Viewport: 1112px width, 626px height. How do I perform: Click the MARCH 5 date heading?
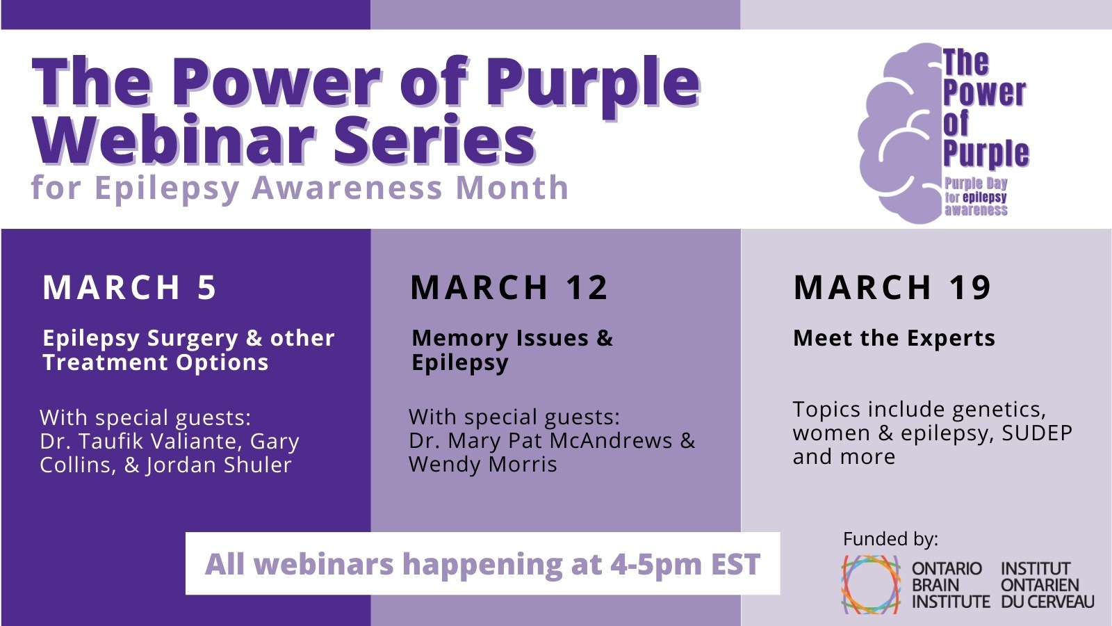(x=129, y=287)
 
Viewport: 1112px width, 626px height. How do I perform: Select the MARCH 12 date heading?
(x=509, y=287)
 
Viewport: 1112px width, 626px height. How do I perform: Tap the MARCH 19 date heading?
(x=892, y=287)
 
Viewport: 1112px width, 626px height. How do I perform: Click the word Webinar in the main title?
(x=174, y=139)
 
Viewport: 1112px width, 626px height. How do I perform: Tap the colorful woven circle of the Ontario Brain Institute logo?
(x=871, y=584)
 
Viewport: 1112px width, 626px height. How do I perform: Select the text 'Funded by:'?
(x=890, y=539)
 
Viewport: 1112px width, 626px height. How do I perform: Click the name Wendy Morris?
(x=483, y=465)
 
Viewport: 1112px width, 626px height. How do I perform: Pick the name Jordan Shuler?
(x=218, y=465)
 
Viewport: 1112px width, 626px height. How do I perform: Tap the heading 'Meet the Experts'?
(x=894, y=338)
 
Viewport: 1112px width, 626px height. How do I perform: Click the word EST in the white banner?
(x=736, y=564)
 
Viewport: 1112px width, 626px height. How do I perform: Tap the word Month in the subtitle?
(x=512, y=187)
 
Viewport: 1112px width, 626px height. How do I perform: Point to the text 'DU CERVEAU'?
(x=1047, y=602)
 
